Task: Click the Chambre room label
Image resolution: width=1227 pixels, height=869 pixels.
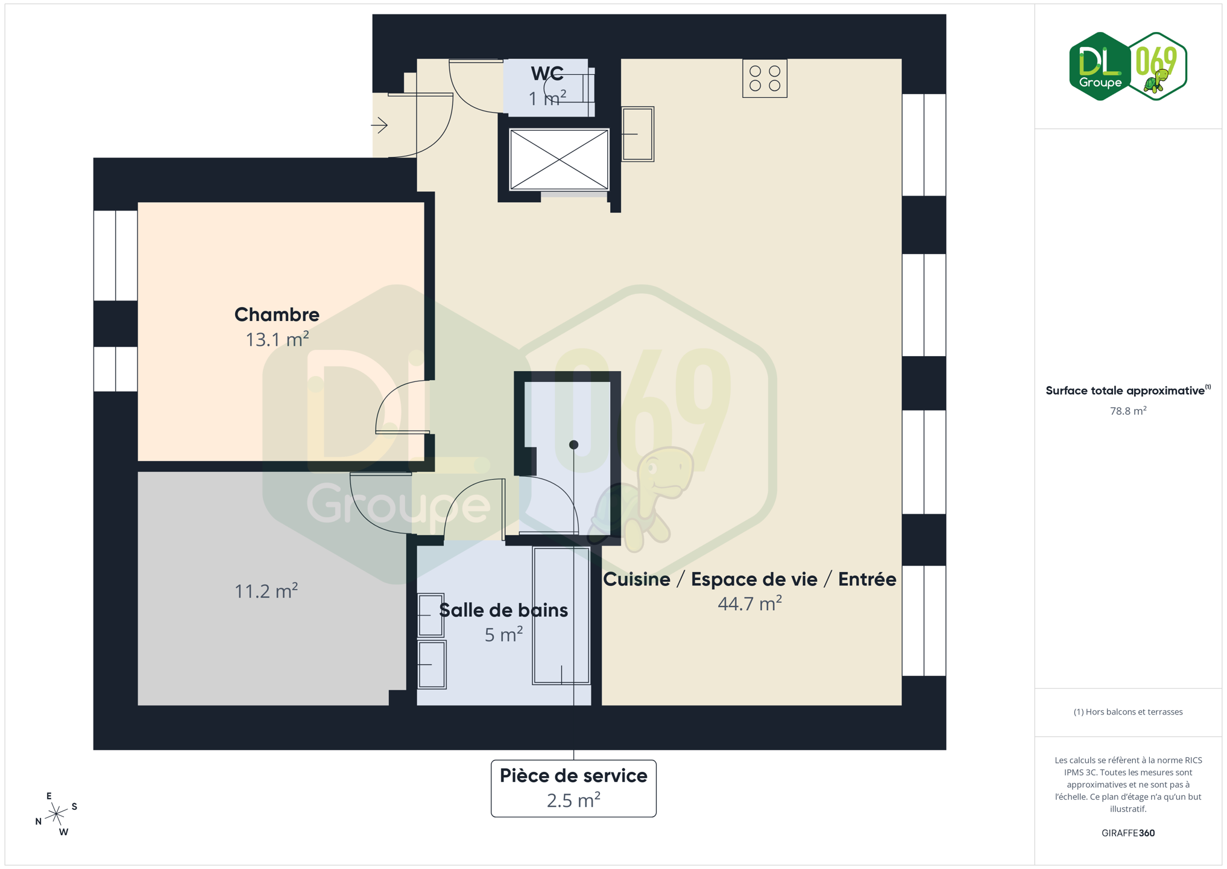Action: tap(277, 314)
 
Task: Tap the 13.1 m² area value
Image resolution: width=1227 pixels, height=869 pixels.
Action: tap(277, 339)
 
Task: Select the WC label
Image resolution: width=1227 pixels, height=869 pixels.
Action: tap(547, 74)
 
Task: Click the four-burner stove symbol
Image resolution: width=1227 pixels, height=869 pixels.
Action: tap(765, 78)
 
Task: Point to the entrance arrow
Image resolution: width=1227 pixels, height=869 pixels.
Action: tap(379, 126)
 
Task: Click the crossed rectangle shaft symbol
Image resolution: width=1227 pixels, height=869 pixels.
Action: tap(559, 159)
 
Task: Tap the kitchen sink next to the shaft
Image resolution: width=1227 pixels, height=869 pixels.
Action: tap(638, 134)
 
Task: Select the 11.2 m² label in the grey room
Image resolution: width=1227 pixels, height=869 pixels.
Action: tap(266, 591)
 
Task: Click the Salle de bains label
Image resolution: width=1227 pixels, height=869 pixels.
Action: tap(503, 610)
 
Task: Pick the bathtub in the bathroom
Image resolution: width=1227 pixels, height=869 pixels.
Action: tap(561, 616)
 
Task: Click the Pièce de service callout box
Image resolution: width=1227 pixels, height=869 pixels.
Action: tap(573, 788)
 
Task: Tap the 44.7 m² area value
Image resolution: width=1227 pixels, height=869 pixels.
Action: tap(749, 603)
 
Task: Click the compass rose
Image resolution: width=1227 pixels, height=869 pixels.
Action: tap(56, 814)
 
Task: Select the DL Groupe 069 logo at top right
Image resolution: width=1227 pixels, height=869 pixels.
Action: tap(1128, 66)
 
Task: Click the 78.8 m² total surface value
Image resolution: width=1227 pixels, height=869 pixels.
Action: tap(1128, 411)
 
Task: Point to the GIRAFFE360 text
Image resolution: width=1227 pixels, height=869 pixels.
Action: tap(1128, 833)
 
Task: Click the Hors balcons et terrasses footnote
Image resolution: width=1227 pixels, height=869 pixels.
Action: tap(1128, 712)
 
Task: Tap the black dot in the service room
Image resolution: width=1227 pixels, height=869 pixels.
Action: tap(573, 445)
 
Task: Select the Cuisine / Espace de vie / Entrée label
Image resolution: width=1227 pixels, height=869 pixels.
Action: tap(749, 579)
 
